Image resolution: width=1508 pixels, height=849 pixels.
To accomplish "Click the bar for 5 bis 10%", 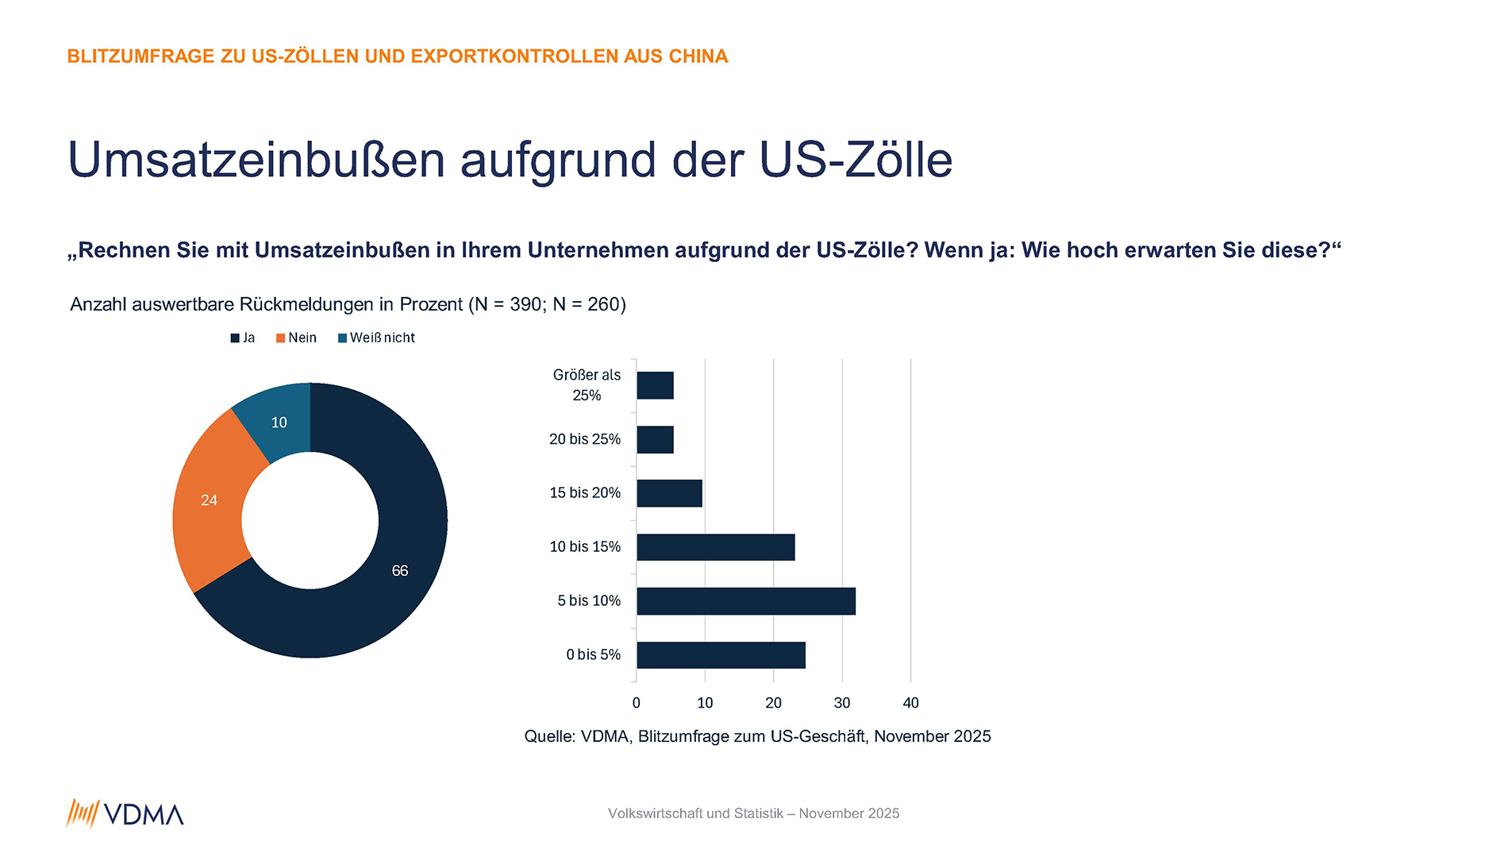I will click(x=745, y=601).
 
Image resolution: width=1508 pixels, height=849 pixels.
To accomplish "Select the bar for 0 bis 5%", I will click(x=721, y=655).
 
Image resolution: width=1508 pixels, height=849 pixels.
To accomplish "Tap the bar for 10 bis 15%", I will click(x=715, y=547).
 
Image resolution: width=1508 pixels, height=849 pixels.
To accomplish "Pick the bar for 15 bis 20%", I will click(x=669, y=493).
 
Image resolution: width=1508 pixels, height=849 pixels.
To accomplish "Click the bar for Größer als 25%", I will click(x=655, y=386).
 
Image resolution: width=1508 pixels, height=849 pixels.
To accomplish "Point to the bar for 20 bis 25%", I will click(x=655, y=440).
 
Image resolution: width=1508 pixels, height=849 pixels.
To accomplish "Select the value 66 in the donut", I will click(x=400, y=571).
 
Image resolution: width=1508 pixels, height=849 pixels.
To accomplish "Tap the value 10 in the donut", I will click(x=279, y=423).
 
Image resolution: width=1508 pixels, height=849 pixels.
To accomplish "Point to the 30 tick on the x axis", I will click(x=842, y=703).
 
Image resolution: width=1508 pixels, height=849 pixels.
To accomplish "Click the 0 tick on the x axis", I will click(x=636, y=703).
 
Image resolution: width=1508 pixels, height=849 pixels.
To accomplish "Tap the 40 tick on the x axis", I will click(x=910, y=703).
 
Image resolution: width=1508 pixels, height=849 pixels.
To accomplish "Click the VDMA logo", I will click(x=125, y=814).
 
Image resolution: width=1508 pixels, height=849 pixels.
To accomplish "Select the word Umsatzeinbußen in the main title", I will click(x=256, y=160).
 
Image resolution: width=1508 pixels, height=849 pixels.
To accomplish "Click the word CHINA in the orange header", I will click(x=698, y=56).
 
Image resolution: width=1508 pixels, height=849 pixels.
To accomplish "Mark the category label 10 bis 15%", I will click(x=585, y=547).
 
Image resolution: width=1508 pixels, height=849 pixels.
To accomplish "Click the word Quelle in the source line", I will click(x=549, y=736).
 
